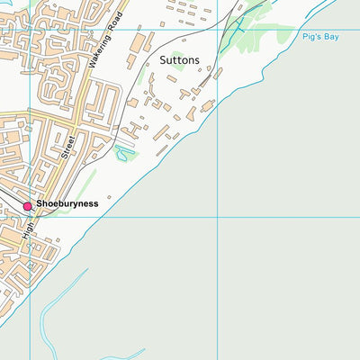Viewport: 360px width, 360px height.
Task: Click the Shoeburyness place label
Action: pyautogui.click(x=67, y=204)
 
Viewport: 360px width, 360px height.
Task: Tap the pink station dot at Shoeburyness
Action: pyautogui.click(x=27, y=206)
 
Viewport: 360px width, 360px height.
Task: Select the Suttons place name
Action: pyautogui.click(x=179, y=60)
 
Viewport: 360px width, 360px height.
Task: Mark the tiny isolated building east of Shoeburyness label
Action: pyautogui.click(x=109, y=196)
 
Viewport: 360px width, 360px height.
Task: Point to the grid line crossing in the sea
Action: pyautogui.click(x=218, y=217)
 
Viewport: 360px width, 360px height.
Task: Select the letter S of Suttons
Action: pyautogui.click(x=163, y=60)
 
